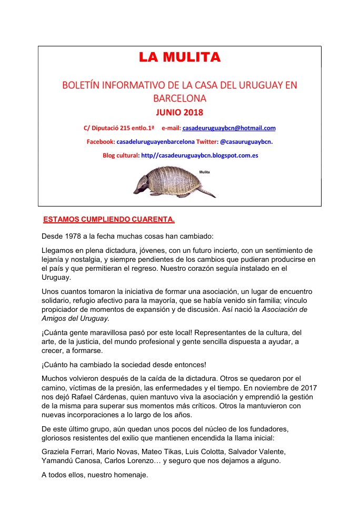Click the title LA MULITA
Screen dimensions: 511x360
coord(179,57)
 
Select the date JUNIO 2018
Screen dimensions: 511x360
coord(179,112)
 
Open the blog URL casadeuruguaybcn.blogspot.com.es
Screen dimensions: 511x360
coord(199,155)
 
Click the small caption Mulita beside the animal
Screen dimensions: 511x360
coord(205,172)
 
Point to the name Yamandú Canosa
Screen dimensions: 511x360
coord(69,460)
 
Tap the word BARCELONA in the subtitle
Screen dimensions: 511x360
coord(179,98)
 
